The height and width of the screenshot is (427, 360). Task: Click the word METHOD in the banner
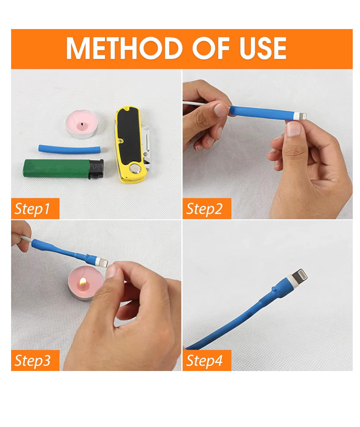[124, 48]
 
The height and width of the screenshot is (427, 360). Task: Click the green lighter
[63, 169]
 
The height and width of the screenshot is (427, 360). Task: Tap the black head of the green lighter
[96, 169]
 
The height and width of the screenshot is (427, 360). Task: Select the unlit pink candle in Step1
[82, 124]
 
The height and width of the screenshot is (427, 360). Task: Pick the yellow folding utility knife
[132, 144]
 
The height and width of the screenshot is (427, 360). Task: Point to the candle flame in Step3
[83, 281]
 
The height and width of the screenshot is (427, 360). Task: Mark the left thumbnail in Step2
[220, 110]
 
